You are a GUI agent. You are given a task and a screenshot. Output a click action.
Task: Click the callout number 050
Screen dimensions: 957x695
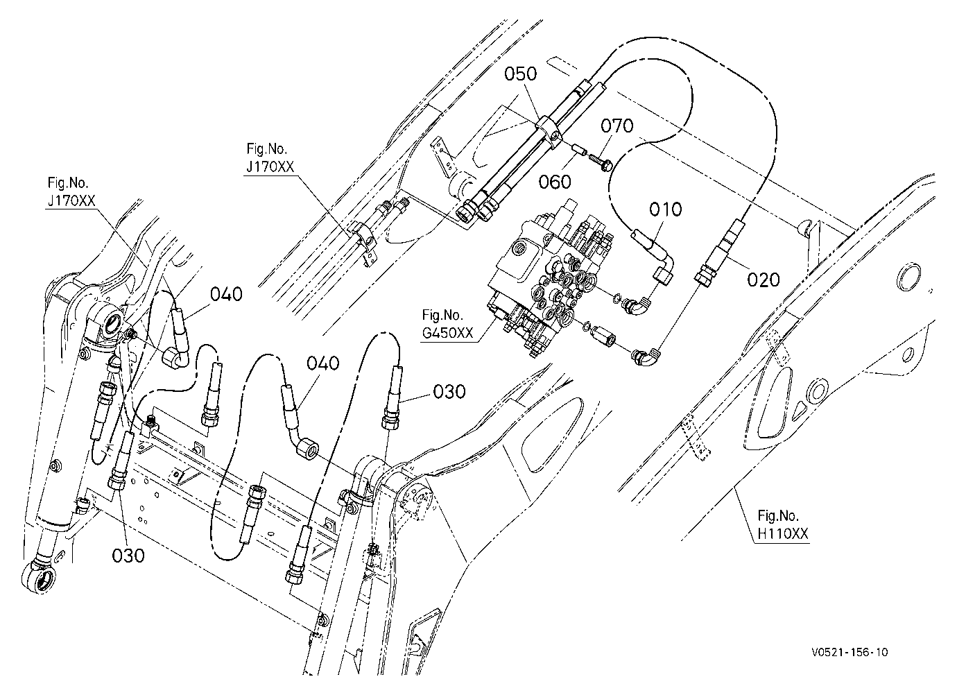520,74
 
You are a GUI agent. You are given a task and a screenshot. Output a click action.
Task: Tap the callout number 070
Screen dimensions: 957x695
617,126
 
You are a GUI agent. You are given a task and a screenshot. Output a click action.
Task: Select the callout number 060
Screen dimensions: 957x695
555,182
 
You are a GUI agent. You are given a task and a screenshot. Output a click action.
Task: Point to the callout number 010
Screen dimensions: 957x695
666,209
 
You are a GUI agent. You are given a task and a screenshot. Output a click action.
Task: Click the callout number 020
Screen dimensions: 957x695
764,280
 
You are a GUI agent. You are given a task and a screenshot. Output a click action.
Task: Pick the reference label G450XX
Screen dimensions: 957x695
448,333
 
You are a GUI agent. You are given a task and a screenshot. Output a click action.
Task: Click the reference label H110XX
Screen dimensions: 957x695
783,534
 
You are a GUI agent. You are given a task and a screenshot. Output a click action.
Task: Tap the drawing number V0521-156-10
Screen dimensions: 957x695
850,652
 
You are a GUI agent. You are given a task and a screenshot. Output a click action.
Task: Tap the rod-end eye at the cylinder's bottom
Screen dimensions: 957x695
39,578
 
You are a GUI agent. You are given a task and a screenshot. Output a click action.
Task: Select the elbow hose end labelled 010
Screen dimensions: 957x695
654,257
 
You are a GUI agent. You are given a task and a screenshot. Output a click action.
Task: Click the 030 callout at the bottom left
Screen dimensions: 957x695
128,556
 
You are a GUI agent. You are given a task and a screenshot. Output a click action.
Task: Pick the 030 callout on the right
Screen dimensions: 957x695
449,391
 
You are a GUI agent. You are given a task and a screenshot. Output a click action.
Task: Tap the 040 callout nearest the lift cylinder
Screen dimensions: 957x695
227,294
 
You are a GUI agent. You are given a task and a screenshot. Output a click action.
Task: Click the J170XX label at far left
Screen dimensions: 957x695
71,201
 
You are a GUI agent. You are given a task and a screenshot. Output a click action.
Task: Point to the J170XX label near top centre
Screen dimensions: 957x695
270,166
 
